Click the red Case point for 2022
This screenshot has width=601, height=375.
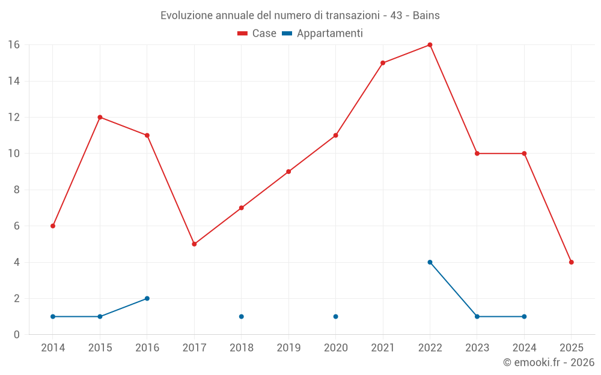[x=430, y=45]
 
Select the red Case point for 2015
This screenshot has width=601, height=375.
[x=100, y=117]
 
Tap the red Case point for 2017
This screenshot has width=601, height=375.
[x=194, y=244]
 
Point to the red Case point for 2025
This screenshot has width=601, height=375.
[x=571, y=262]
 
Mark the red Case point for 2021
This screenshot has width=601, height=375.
[x=383, y=63]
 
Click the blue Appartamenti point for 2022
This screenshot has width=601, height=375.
[x=430, y=262]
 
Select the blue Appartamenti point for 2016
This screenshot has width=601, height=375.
[x=147, y=298]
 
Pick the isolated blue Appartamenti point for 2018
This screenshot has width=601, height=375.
[x=242, y=316]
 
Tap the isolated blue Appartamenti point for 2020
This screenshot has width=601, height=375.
[x=335, y=316]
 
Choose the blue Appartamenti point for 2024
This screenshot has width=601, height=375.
[x=524, y=316]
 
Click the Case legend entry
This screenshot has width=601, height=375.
[x=257, y=34]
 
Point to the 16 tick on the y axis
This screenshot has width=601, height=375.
[x=14, y=45]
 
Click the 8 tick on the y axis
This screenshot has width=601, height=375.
[x=17, y=190]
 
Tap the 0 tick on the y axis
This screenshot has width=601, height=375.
[x=17, y=334]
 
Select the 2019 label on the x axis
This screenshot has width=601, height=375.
[x=288, y=348]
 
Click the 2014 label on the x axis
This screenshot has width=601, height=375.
[x=53, y=348]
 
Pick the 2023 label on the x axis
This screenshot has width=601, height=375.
[x=477, y=348]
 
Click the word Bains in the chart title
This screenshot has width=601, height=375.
[x=426, y=16]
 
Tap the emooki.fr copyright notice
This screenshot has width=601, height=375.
[x=549, y=362]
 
